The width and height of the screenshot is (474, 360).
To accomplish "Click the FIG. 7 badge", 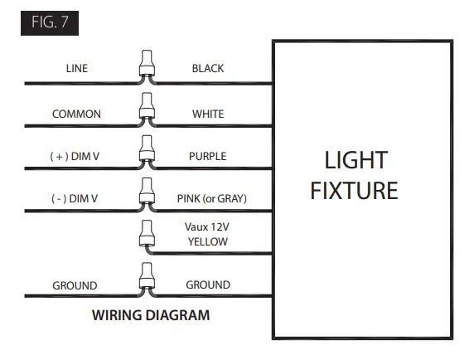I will [x=50, y=22].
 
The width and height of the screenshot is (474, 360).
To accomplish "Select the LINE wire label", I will [x=76, y=69].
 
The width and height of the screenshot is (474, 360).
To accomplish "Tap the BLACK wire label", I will [x=207, y=69].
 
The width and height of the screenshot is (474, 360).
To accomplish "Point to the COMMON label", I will [x=76, y=114].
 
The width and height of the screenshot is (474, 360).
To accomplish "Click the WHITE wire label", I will [x=208, y=114].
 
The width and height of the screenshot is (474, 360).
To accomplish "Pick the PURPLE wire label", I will [x=207, y=156].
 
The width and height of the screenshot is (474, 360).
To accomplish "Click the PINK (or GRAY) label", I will [x=212, y=198].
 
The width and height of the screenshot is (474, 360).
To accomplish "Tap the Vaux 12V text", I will [x=208, y=226].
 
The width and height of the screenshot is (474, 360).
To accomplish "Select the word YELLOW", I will [x=207, y=241].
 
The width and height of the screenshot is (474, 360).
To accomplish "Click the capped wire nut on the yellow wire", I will [x=147, y=236].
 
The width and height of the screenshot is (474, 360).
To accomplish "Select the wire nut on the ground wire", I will [x=147, y=279].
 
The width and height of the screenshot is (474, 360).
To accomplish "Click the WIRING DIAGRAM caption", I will [x=151, y=315].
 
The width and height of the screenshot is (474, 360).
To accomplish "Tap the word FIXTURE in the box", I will [x=355, y=191].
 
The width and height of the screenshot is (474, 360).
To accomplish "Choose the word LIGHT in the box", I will [x=355, y=160].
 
